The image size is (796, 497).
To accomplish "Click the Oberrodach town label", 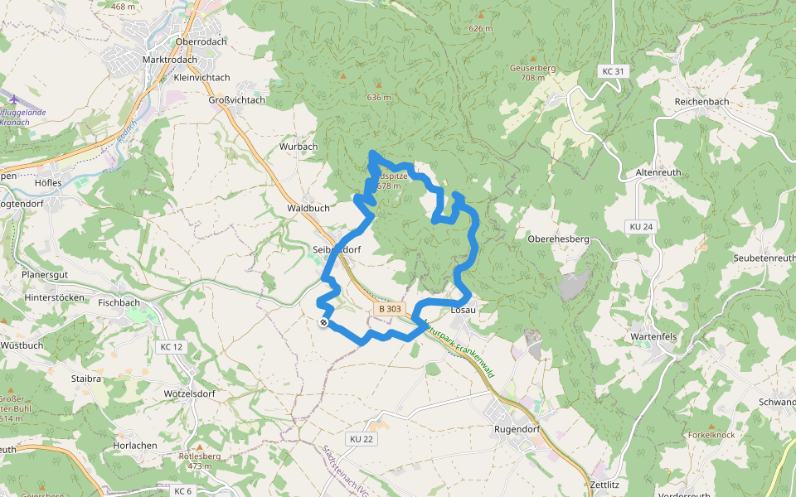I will click(201, 41).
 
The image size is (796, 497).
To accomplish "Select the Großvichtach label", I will click(236, 100).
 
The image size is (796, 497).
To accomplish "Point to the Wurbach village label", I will click(298, 147).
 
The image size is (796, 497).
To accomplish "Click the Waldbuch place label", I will click(308, 209).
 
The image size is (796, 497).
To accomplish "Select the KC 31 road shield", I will click(613, 72).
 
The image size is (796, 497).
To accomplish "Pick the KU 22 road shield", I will click(362, 438).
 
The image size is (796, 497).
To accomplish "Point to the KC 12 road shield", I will click(172, 346).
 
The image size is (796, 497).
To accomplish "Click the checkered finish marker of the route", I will click(323, 323).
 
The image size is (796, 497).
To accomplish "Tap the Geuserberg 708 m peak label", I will click(532, 72).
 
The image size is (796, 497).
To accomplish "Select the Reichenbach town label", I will click(701, 102).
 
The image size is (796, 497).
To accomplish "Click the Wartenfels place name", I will click(656, 337).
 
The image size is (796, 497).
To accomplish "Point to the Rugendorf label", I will click(517, 430).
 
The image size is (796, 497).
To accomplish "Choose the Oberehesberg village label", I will click(558, 239).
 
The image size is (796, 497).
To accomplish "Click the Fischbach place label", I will click(119, 303).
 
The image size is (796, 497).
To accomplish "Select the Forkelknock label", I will click(711, 435).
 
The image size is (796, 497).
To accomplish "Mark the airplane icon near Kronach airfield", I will click(13, 99).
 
